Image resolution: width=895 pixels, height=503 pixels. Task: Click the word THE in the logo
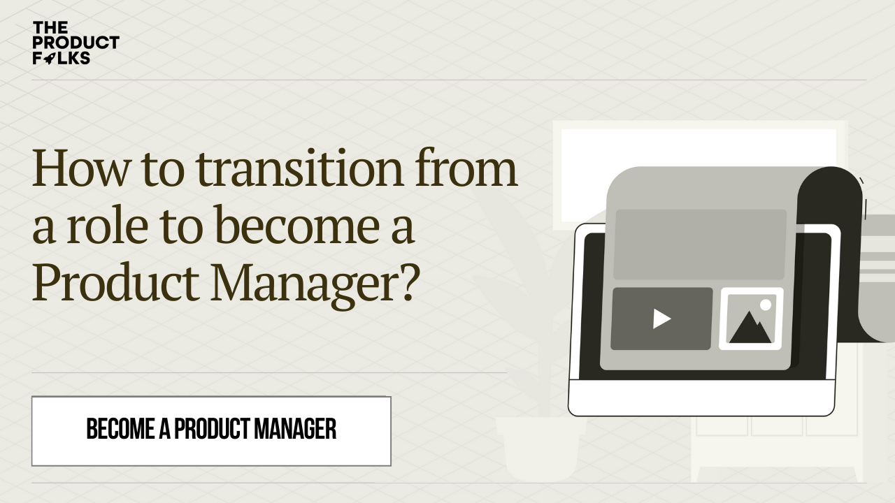pos(50,28)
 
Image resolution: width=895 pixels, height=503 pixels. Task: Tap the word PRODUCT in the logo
pos(76,43)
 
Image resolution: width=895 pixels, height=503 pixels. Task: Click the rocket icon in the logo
pos(49,59)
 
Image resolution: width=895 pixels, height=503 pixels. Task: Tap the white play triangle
pos(661,319)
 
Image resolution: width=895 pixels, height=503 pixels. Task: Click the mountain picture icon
pos(751,319)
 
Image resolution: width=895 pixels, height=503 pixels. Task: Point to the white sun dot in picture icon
pos(766,305)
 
